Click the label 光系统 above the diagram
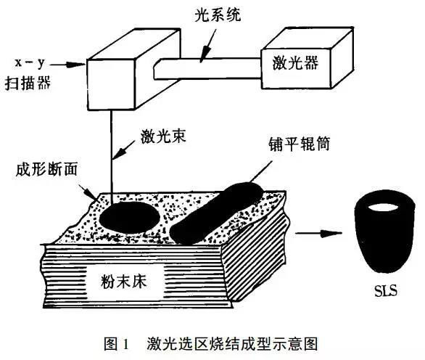(x=218, y=15)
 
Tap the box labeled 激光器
(x=308, y=58)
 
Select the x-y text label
(x=30, y=63)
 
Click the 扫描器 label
(x=28, y=83)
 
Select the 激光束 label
(x=163, y=136)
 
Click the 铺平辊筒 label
(x=300, y=144)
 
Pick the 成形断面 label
(x=46, y=170)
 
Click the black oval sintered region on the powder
(x=129, y=217)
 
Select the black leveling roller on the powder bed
(x=216, y=213)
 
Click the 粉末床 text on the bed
(x=124, y=282)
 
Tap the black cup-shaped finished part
(x=384, y=232)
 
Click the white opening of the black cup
(x=383, y=208)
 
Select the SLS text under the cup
(x=386, y=290)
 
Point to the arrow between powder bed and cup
(x=318, y=233)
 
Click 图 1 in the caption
(x=116, y=344)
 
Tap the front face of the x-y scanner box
(x=111, y=85)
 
